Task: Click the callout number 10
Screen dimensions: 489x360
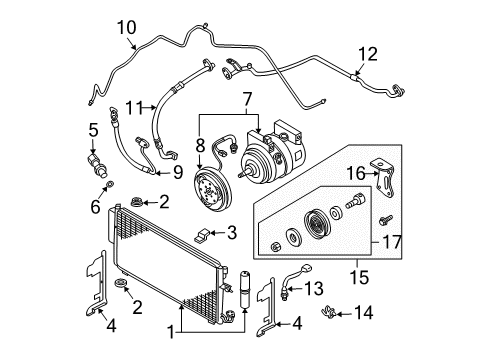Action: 127,28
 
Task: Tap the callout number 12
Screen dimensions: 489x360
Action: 368,54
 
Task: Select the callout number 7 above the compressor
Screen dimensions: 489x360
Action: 246,99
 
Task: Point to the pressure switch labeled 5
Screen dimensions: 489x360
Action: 98,165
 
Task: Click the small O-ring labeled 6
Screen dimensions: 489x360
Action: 110,184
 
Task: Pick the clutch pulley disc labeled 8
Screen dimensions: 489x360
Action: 212,190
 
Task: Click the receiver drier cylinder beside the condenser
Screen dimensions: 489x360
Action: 245,290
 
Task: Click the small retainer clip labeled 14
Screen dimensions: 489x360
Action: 328,312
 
